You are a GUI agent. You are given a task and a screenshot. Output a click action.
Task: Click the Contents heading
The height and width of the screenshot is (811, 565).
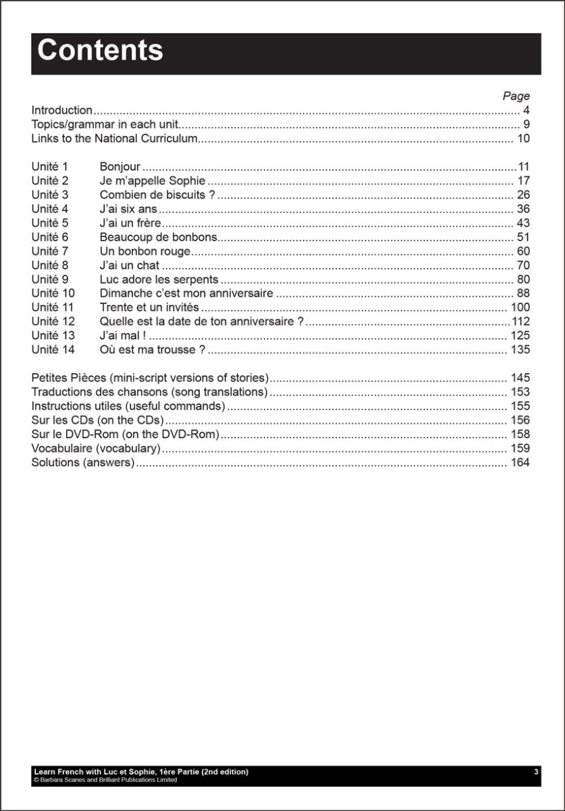pos(100,51)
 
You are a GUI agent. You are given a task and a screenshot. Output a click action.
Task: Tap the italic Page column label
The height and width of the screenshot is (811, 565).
pos(516,96)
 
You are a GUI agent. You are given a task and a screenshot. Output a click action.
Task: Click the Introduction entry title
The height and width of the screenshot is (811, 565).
pos(62,110)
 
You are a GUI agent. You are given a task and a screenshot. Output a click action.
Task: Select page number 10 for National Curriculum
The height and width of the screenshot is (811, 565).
pos(523,139)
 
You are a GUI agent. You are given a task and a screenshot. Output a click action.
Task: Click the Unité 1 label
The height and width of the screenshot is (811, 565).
pos(50,167)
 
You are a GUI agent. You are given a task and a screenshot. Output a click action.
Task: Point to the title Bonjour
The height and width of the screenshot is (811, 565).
pos(120,167)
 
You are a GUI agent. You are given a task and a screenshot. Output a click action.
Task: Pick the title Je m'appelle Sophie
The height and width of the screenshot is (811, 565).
pos(152,181)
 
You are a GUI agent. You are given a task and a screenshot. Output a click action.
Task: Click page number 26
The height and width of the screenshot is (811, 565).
pos(523,195)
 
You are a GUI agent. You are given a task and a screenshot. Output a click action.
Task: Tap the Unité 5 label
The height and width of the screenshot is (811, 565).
pos(50,223)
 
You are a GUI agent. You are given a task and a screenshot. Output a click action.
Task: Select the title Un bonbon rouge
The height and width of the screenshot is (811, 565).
pos(145,251)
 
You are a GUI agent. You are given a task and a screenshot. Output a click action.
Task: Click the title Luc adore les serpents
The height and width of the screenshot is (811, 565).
pos(158,279)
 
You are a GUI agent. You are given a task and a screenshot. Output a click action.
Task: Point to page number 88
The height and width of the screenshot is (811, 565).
pos(523,294)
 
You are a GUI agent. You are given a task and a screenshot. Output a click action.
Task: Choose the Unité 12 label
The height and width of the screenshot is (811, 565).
pos(52,321)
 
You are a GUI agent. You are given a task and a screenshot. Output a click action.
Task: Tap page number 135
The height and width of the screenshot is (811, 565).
pos(520,350)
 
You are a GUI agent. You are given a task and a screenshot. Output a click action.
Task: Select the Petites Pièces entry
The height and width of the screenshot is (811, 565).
pos(150,378)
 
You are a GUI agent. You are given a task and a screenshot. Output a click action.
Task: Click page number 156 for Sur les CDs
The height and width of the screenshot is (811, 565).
pos(520,420)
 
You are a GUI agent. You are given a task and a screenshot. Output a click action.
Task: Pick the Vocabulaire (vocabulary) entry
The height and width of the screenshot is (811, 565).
pos(96,448)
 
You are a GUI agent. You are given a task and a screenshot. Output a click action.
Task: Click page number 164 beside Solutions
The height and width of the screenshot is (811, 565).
pos(520,462)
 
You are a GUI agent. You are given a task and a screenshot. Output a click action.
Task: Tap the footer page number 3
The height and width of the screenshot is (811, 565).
pos(536,772)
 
